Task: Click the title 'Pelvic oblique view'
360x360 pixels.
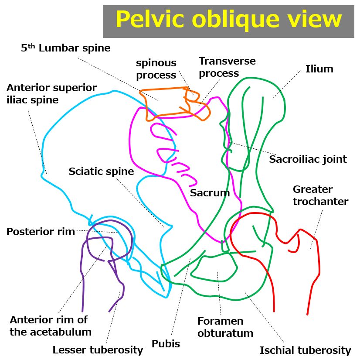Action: (228, 20)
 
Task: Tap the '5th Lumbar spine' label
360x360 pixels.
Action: (65, 48)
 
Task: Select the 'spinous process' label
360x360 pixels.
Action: (156, 69)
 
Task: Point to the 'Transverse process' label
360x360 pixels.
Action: (227, 67)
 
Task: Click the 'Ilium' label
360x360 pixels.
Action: (319, 69)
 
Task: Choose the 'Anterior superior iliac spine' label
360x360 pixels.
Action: (51, 94)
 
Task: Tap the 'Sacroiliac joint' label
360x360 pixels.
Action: (308, 159)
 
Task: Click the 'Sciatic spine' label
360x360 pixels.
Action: (101, 171)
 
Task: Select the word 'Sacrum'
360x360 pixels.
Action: (210, 193)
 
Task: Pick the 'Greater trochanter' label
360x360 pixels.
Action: (320, 195)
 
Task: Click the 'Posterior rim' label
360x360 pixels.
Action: (40, 232)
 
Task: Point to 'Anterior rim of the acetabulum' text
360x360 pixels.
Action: (51, 326)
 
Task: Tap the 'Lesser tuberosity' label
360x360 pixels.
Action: (98, 350)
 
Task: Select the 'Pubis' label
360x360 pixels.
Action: (166, 344)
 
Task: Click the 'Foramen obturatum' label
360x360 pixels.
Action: (225, 327)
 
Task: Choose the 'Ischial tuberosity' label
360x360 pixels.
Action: (305, 350)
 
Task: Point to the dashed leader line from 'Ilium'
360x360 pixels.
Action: (288, 83)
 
